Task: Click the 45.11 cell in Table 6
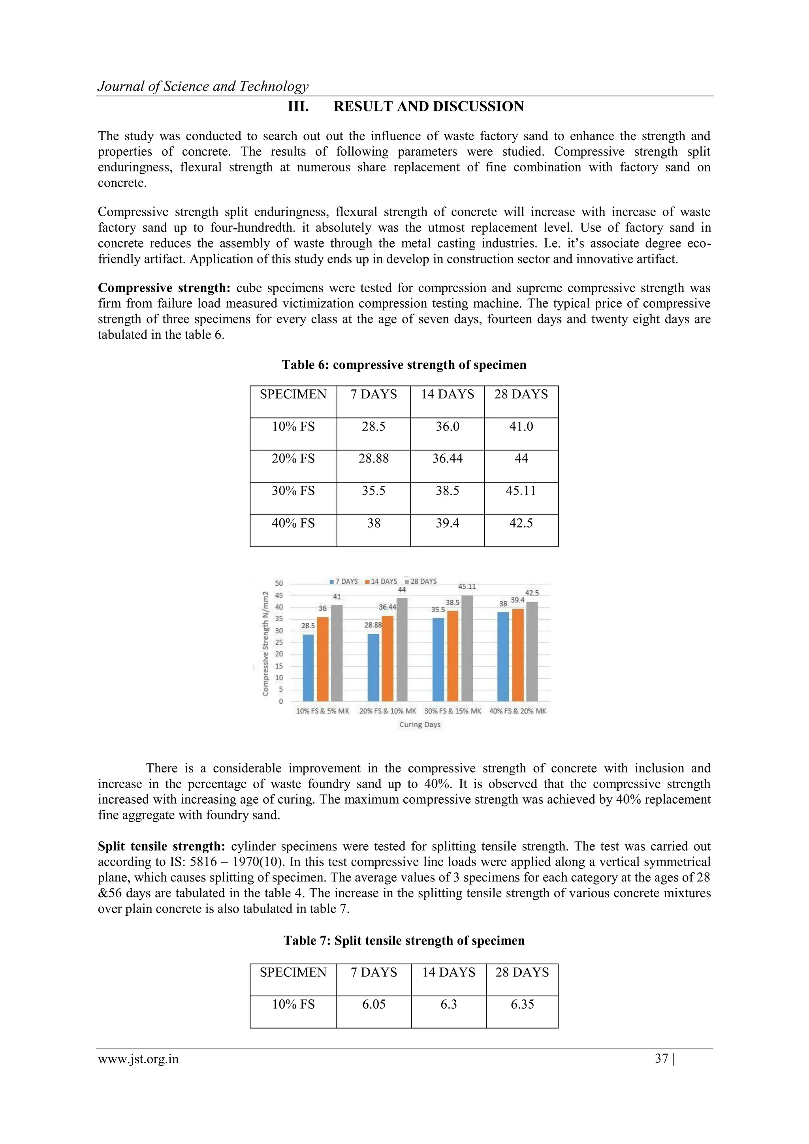(x=521, y=491)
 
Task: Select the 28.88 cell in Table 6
(x=373, y=458)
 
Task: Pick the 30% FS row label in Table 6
(x=293, y=491)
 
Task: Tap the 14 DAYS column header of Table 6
(x=447, y=394)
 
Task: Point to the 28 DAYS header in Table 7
(x=522, y=972)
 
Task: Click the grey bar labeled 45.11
(x=467, y=648)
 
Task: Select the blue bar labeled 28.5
(x=308, y=668)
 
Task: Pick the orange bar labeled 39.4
(x=518, y=655)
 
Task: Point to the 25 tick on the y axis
(x=279, y=642)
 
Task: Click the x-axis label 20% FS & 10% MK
(x=387, y=711)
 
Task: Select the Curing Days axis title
(x=420, y=725)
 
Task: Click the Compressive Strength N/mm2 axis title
(x=266, y=643)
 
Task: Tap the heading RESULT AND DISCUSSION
(x=428, y=107)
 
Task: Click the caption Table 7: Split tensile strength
(x=404, y=940)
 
